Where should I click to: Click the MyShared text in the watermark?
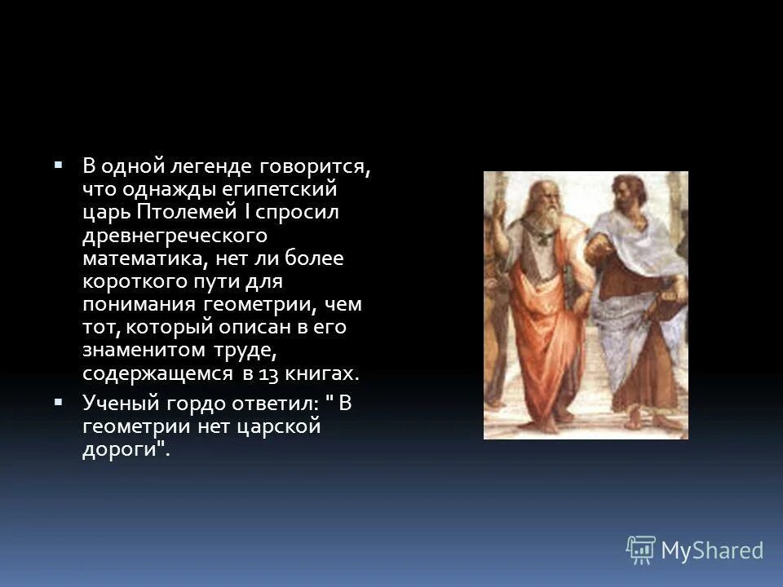[711, 550]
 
